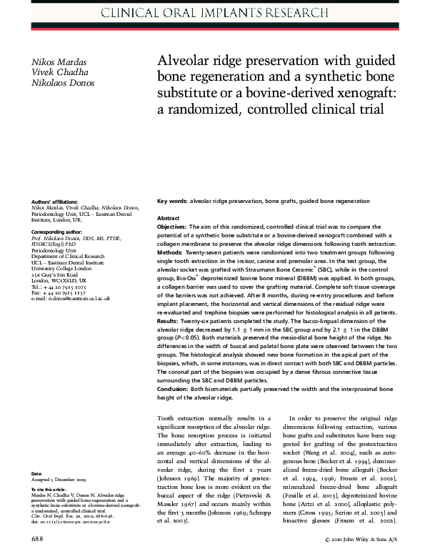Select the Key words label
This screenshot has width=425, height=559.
pos(171,204)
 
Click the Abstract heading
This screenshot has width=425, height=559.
pos(168,218)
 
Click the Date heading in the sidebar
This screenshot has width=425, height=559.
pos(36,473)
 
